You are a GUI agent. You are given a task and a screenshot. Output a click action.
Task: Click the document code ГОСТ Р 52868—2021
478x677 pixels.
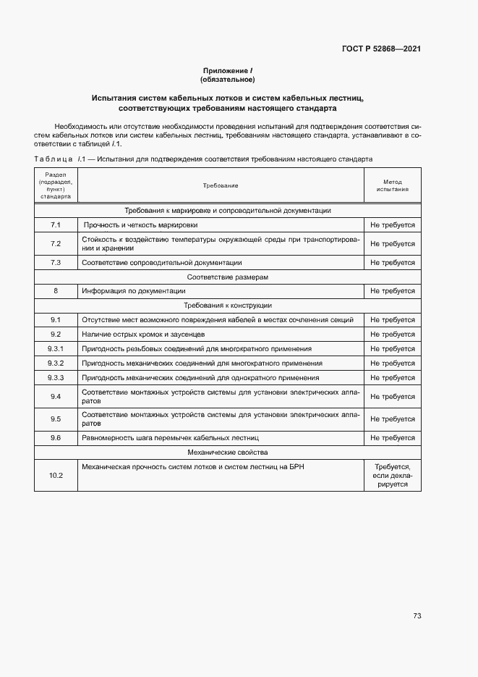pos(381,49)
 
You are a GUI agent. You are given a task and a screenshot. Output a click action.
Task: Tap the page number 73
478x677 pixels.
pos(417,616)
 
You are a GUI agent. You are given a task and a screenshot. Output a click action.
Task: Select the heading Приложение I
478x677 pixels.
pos(227,70)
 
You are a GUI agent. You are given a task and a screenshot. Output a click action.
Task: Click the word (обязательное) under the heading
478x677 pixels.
pos(227,79)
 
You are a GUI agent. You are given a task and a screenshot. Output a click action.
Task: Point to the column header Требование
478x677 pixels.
pos(221,186)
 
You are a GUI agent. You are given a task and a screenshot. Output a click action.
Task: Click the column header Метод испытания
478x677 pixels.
pos(392,186)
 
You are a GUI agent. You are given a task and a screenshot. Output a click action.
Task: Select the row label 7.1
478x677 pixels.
pos(56,225)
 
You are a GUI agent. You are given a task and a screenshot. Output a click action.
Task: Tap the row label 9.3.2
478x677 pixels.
pos(56,363)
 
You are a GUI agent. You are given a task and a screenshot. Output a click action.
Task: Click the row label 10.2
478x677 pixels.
pos(56,476)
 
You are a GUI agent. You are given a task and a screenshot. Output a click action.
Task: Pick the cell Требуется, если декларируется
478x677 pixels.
pos(392,476)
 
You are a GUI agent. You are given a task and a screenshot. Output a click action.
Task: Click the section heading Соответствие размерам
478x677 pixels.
pos(227,277)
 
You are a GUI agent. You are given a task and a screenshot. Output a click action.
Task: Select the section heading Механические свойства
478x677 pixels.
pos(227,453)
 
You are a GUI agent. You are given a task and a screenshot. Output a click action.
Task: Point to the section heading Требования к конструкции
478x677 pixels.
pos(227,306)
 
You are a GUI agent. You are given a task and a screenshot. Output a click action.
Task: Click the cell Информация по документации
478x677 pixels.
pos(134,291)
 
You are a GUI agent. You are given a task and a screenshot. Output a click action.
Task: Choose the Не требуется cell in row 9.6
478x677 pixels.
pos(392,438)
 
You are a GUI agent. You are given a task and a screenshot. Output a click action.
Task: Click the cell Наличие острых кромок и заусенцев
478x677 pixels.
pos(143,335)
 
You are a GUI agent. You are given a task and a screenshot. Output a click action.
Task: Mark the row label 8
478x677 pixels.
pos(56,291)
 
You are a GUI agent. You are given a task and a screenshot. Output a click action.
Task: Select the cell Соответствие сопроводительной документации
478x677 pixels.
pos(162,263)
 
